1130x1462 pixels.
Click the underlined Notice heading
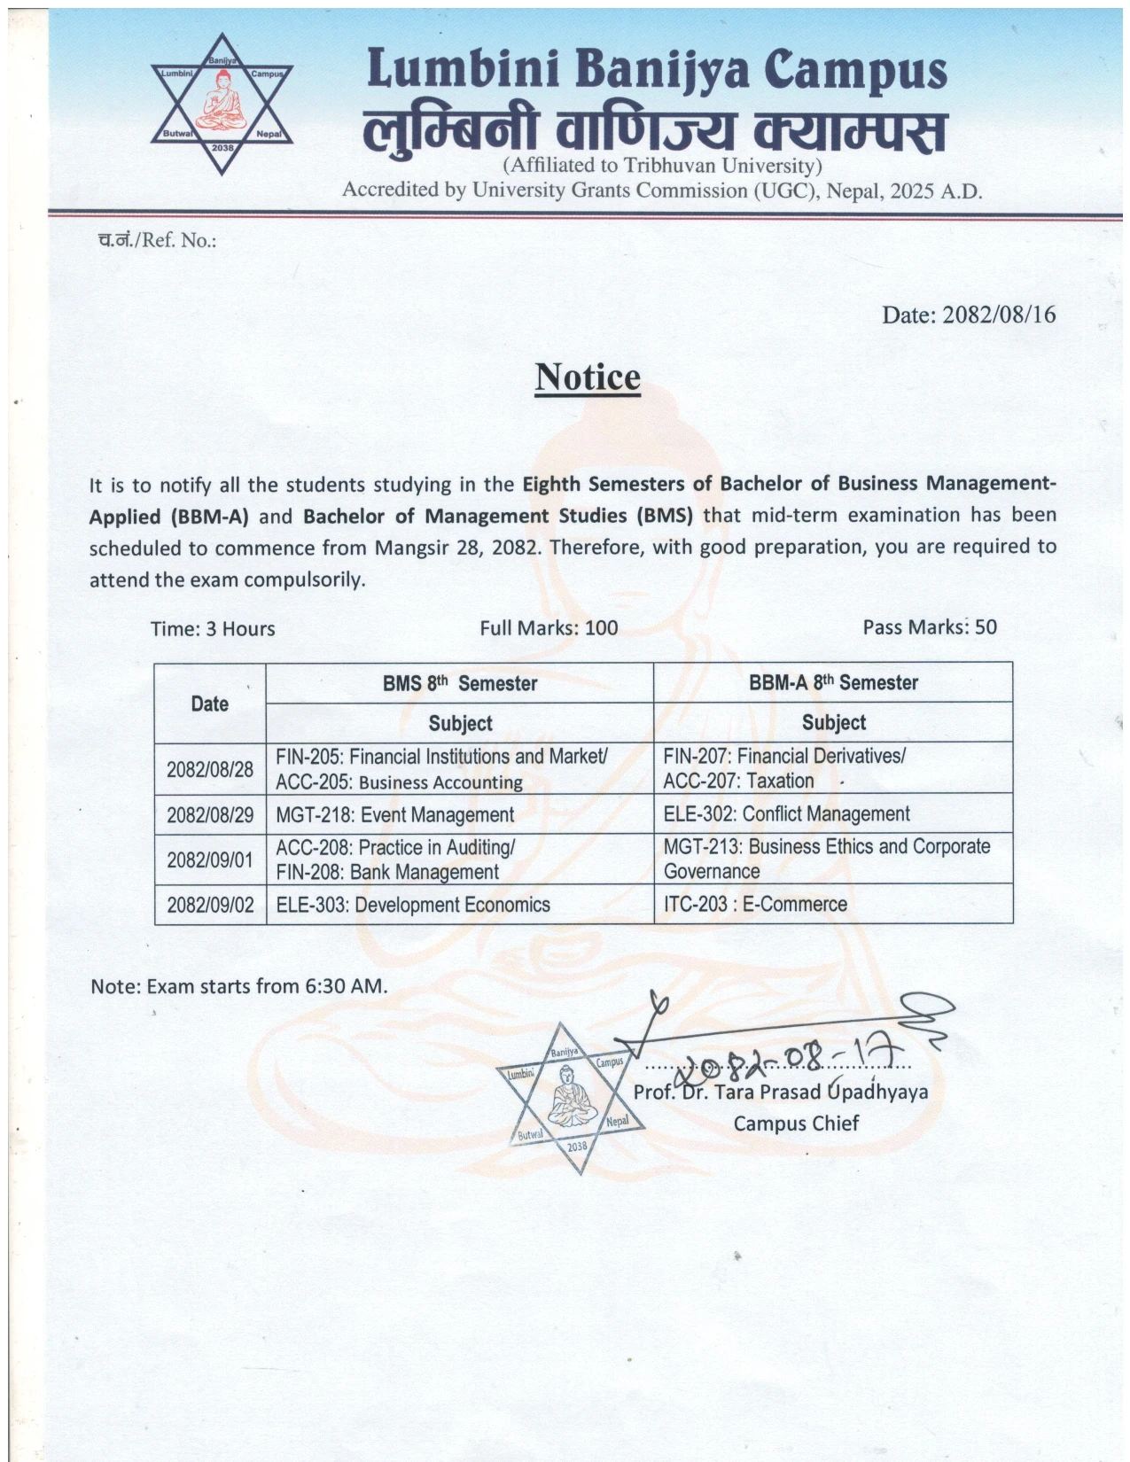tap(587, 377)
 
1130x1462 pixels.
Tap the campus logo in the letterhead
tap(222, 104)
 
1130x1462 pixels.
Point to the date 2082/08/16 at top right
tap(968, 315)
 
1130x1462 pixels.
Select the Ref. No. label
tap(157, 240)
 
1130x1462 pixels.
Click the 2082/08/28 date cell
tap(210, 768)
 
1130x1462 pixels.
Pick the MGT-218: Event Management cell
tap(395, 814)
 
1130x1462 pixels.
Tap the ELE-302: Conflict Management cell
tap(786, 813)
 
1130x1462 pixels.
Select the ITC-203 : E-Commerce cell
tap(755, 904)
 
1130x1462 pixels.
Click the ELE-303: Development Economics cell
tap(413, 905)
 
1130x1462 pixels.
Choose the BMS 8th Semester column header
tap(459, 683)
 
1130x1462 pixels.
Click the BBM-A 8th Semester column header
tap(833, 682)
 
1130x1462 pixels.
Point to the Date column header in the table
tap(210, 704)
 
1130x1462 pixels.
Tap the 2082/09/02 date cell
tap(210, 905)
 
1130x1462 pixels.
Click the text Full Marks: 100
tap(549, 628)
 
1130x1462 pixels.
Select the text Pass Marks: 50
tap(929, 627)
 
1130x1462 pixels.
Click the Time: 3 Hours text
tap(213, 628)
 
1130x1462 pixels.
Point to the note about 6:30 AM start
tap(239, 985)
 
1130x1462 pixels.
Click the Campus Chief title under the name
tap(795, 1123)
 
